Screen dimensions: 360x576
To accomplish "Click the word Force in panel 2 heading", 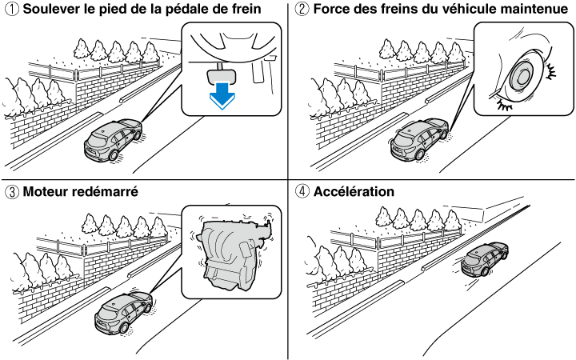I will point(331,10).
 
